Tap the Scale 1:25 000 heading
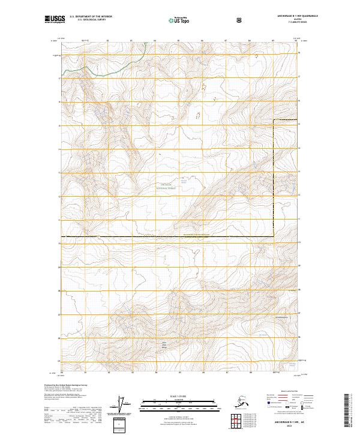pos(179,395)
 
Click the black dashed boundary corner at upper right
pos(275,121)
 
